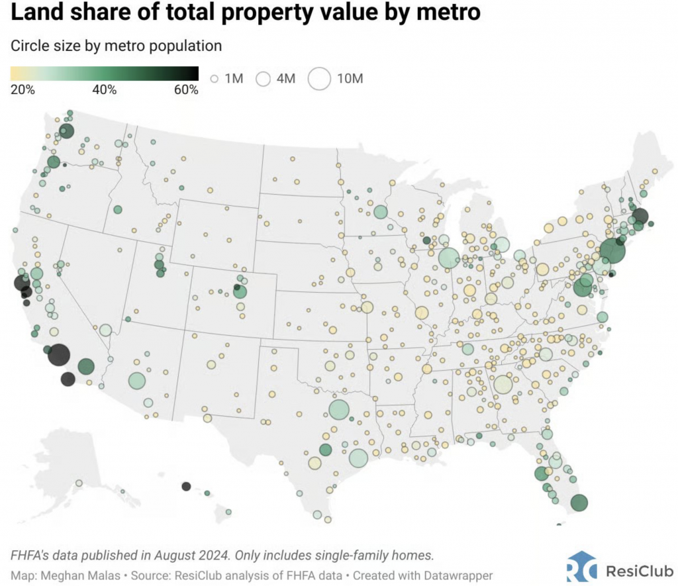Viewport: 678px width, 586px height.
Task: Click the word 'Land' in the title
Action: click(37, 13)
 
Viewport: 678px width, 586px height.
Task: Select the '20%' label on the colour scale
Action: click(23, 89)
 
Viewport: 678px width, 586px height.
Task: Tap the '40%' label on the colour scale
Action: click(105, 89)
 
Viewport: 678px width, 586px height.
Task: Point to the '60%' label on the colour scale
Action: click(185, 89)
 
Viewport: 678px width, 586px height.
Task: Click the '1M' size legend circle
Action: click(214, 79)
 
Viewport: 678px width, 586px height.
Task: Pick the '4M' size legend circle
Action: click(264, 79)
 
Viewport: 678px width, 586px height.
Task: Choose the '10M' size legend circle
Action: click(320, 79)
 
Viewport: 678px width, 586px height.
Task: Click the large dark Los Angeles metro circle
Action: click(59, 355)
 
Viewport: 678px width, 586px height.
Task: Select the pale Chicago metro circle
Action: click(448, 258)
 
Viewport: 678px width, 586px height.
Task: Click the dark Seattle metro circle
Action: click(66, 131)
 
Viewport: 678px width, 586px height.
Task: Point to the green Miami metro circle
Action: click(579, 503)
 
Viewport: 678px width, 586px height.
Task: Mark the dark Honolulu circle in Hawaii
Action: click(186, 486)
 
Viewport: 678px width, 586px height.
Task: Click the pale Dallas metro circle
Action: click(338, 410)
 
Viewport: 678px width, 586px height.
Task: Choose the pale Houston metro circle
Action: click(358, 458)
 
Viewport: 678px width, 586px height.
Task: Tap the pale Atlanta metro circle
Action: click(503, 384)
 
